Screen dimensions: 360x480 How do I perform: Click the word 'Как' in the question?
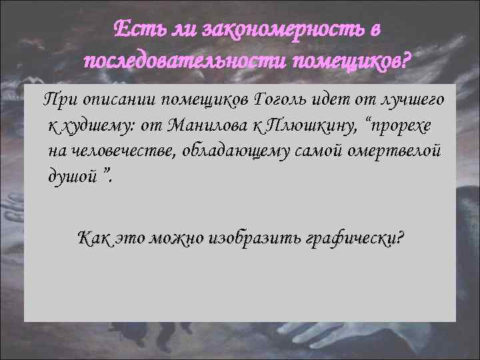click(93, 237)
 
